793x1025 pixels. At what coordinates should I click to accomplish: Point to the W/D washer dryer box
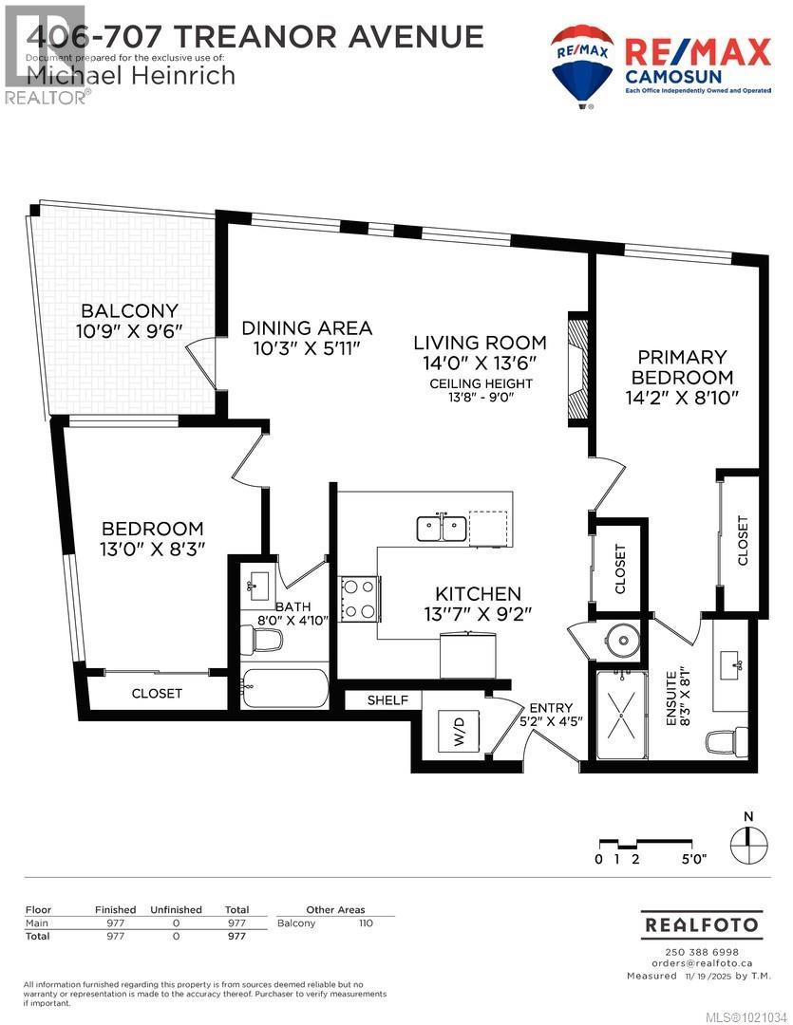coord(460,732)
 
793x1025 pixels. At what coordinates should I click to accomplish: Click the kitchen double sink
coord(441,527)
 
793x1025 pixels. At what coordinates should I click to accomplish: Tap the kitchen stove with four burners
coord(360,599)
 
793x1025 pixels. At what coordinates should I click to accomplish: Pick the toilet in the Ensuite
coord(732,736)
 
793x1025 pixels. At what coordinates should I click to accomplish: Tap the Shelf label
coord(388,700)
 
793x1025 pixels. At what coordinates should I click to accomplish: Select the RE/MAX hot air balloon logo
coord(581,65)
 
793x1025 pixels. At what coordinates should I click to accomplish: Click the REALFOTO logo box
coord(702,923)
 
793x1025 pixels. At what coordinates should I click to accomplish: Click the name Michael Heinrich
coord(131,75)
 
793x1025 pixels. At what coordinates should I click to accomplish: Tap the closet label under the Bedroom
coord(157,694)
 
